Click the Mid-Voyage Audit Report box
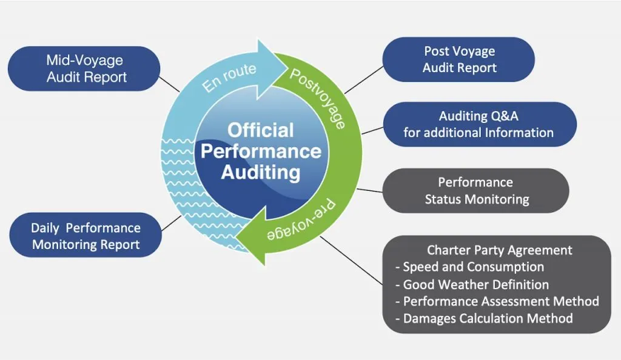pyautogui.click(x=86, y=68)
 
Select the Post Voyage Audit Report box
pyautogui.click(x=459, y=59)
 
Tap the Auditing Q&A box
pyautogui.click(x=478, y=124)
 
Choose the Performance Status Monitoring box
pyautogui.click(x=476, y=190)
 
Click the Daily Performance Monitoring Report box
pyautogui.click(x=86, y=236)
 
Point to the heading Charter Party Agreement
pyautogui.click(x=499, y=250)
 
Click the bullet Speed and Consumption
pyautogui.click(x=473, y=267)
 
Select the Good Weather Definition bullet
pyautogui.click(x=475, y=284)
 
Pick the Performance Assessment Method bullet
pyautogui.click(x=500, y=301)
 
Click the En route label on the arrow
pyautogui.click(x=229, y=78)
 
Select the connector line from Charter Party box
pyautogui.click(x=351, y=261)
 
